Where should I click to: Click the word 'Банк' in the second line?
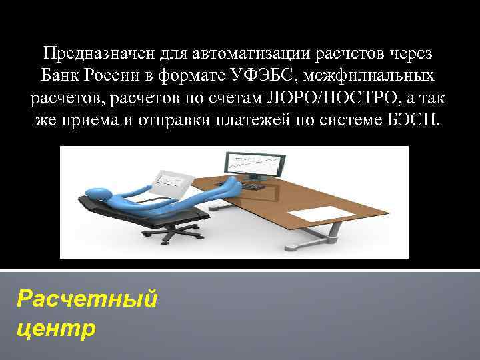coord(59,75)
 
